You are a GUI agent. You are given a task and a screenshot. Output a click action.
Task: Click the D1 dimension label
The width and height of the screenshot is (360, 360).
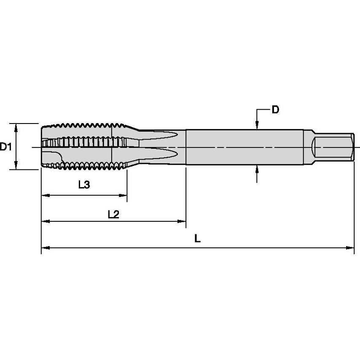point(5,147)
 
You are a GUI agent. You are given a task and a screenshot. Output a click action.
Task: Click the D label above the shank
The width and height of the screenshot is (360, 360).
point(275,110)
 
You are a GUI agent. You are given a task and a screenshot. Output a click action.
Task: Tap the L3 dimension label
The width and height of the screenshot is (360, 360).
point(84,184)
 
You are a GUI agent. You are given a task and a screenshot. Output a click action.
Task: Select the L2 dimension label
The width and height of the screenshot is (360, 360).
point(114,215)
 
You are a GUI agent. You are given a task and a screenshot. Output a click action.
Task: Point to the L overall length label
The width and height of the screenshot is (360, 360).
point(197,239)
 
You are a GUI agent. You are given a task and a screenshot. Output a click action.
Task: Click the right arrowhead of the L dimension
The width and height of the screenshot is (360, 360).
point(350,248)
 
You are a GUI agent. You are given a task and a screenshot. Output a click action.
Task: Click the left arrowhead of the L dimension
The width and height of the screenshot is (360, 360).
point(46,248)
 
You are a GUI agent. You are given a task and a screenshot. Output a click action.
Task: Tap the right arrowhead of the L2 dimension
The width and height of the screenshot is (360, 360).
point(182,221)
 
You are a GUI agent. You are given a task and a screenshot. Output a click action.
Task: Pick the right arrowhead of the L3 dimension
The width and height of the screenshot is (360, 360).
point(123,195)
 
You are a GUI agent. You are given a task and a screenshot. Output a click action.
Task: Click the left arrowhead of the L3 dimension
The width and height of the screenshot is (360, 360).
point(46,195)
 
